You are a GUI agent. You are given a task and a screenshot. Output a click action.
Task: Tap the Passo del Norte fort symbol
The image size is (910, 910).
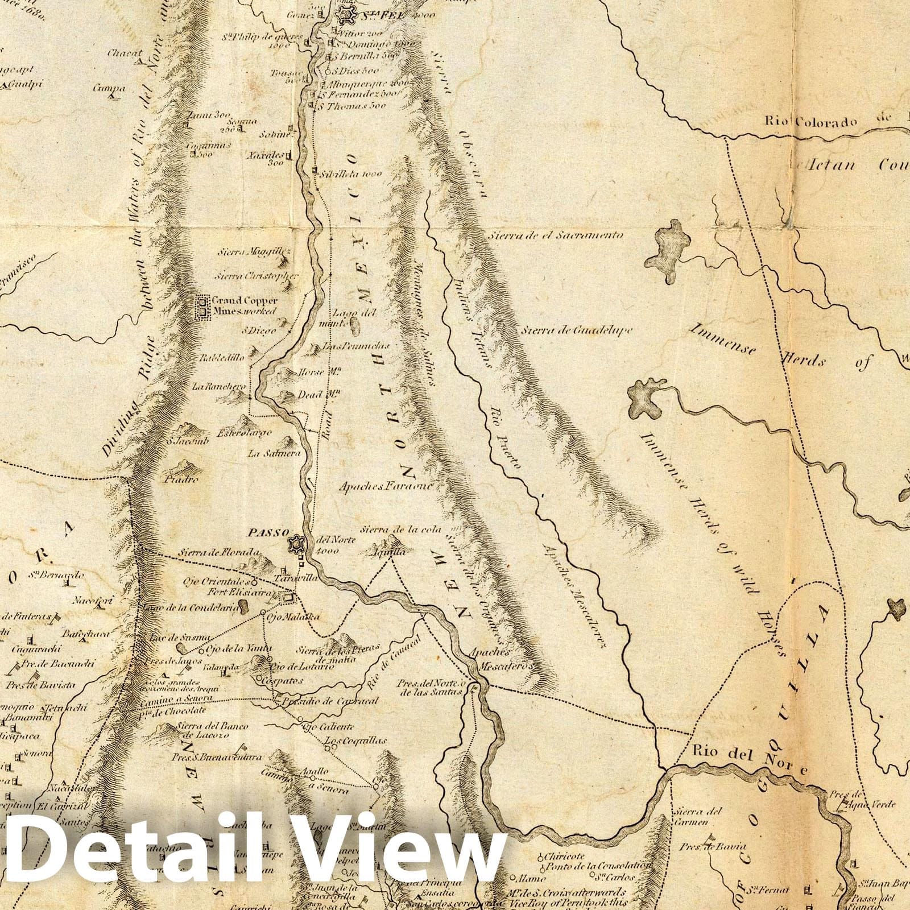pos(296,544)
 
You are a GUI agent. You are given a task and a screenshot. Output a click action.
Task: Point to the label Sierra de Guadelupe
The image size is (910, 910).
pos(577,329)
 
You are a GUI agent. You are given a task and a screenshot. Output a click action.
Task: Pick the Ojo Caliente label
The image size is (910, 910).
pos(328,726)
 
